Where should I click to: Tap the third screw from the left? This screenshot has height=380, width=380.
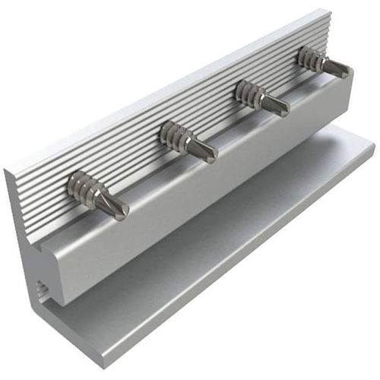(x=261, y=97)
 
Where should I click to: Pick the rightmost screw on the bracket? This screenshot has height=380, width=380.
(x=322, y=62)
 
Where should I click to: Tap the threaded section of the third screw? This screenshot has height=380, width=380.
(x=249, y=91)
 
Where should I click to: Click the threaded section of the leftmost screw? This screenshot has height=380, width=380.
(x=81, y=185)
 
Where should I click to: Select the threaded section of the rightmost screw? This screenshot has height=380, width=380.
(x=310, y=57)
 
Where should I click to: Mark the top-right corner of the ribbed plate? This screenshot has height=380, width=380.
(x=329, y=11)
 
